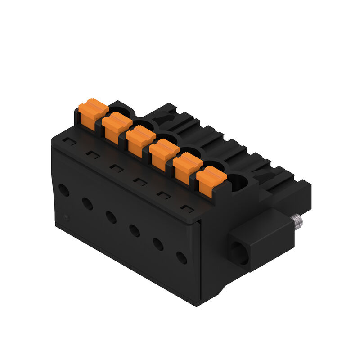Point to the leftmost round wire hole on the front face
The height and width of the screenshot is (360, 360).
pos(64,190)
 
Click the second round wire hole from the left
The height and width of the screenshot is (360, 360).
pos(87,204)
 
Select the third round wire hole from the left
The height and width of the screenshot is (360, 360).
pos(111,217)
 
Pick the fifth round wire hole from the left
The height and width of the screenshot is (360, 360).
pos(158,244)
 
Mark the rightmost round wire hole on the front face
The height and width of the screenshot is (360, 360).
pos(181,258)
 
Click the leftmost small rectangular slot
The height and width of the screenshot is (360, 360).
pos(69,141)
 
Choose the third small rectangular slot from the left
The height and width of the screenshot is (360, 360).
pos(116,168)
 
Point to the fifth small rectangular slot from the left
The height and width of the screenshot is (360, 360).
pos(163,195)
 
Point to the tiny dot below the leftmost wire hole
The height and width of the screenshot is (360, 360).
pos(67,218)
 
